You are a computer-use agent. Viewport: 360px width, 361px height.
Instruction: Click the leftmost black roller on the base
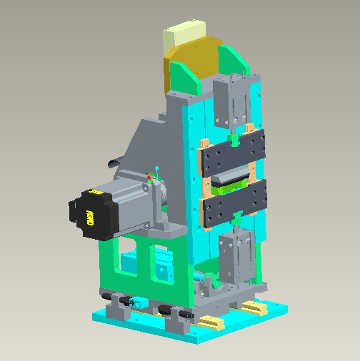107,295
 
